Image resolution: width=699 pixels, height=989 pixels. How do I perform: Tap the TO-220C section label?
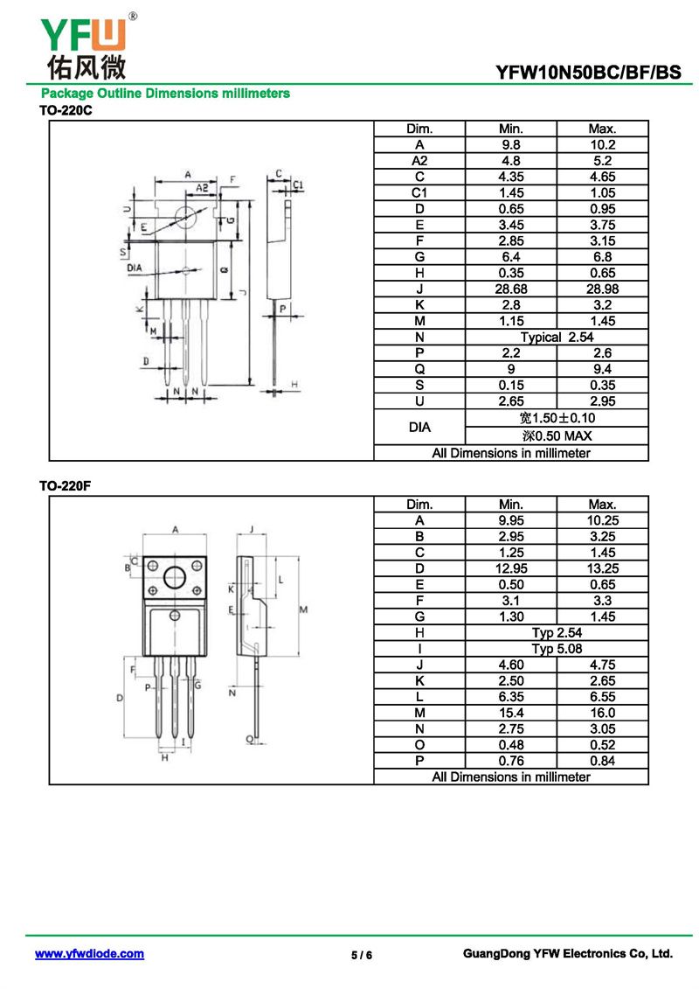point(66,111)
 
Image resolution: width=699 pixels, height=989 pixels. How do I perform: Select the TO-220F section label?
point(66,487)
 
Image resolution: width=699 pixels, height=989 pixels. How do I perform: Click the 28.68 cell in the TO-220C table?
point(510,289)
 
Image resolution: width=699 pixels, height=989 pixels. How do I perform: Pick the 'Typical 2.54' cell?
point(556,337)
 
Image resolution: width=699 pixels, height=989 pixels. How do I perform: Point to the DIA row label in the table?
point(419,428)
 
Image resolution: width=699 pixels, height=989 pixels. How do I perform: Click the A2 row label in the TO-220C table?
point(419,161)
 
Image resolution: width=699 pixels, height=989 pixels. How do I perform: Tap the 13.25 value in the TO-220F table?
point(602,568)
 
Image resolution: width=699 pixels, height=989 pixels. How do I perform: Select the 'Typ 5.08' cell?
point(556,649)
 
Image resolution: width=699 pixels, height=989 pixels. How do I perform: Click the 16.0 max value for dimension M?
point(602,713)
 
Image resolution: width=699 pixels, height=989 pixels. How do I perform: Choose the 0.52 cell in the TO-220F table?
point(602,745)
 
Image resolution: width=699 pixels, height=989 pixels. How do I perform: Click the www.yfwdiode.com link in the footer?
point(89,954)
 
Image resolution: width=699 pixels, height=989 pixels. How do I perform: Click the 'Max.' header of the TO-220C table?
point(602,129)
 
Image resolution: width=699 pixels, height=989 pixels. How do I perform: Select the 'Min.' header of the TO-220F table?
point(510,505)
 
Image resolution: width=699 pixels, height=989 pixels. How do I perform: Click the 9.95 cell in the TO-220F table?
point(510,520)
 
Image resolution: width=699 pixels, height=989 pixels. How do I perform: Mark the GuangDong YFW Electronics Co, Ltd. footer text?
point(567,954)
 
